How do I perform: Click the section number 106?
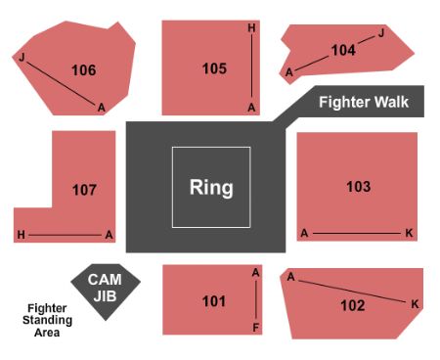coord(84,69)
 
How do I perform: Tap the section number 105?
coord(214,68)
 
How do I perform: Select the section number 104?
coord(343,50)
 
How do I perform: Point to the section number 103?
coord(358,186)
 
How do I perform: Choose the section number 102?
coord(353,305)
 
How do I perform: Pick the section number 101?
coord(214,301)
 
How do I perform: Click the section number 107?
coord(84,189)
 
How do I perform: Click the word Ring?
coord(211,187)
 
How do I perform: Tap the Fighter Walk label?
coord(364,102)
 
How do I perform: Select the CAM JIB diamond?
coord(105,287)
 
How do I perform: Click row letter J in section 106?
coord(22,58)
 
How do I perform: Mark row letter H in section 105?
coord(251,28)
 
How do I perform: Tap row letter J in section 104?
coord(381,33)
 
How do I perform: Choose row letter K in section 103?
coord(409,234)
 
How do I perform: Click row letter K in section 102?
coord(415,304)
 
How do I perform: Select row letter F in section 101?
coord(256,329)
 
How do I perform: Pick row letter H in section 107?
coord(21,235)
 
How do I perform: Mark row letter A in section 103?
coord(304,234)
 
